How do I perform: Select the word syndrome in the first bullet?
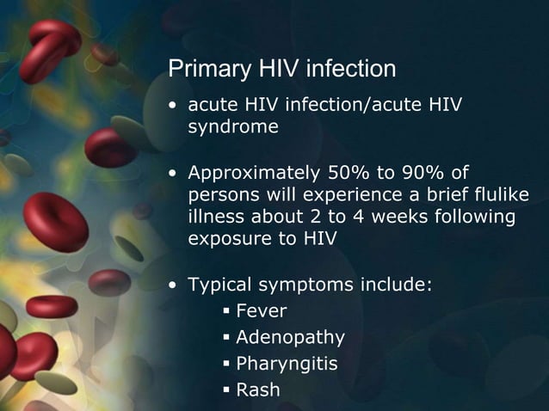233,127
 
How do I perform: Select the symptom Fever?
262,310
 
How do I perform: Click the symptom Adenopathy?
290,337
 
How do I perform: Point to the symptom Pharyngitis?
287,364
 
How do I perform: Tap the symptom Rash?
258,390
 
